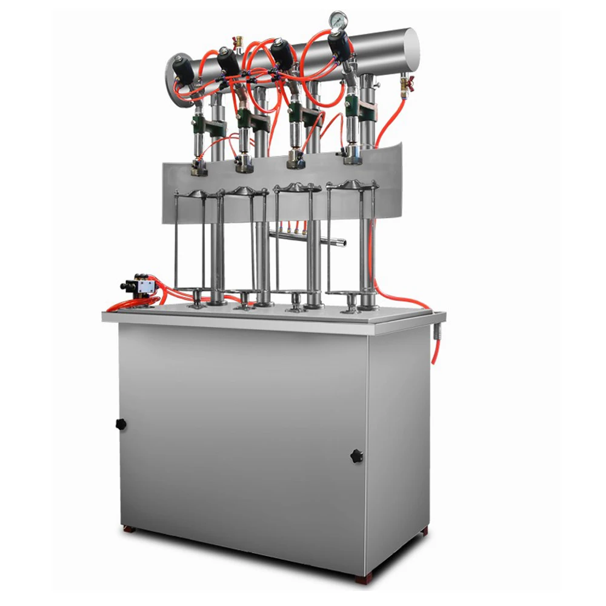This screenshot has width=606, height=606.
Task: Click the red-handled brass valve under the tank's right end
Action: pyautogui.click(x=404, y=83)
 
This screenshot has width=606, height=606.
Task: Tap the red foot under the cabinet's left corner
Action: pyautogui.click(x=128, y=528)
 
